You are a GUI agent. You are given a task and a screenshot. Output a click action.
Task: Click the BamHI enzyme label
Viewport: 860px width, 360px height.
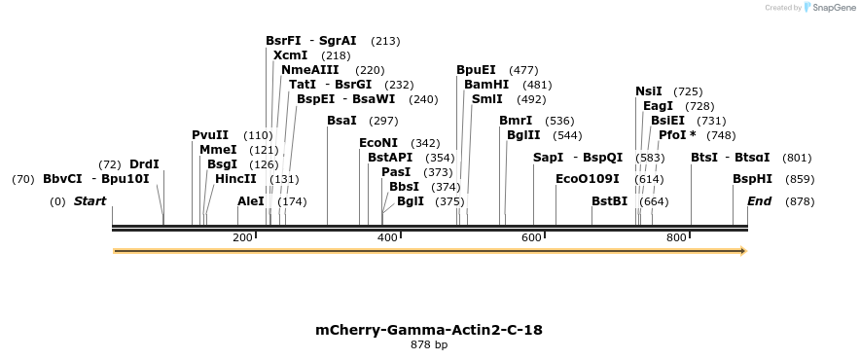(x=482, y=85)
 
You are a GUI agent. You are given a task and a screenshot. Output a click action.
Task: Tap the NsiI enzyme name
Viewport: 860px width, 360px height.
(x=648, y=91)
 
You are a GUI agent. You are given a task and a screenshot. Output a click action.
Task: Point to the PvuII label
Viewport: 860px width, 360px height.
(x=210, y=135)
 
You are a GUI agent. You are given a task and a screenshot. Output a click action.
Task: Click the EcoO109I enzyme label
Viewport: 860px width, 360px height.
(x=587, y=179)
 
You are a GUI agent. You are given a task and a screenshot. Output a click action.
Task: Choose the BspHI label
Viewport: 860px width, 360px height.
(x=752, y=179)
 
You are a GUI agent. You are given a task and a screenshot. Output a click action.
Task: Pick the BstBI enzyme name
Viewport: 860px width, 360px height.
(x=609, y=201)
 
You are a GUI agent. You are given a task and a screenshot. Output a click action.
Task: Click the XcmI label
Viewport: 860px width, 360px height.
(x=291, y=55)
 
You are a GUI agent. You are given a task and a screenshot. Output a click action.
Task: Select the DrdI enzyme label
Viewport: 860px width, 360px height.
(x=144, y=164)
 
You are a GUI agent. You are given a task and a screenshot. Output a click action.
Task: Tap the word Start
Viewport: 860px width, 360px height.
(x=90, y=201)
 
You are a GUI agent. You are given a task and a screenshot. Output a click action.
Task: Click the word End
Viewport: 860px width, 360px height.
(x=760, y=201)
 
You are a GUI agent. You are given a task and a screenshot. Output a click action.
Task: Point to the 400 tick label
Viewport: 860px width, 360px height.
(x=387, y=238)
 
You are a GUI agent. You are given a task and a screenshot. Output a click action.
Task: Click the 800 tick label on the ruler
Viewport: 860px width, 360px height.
(x=675, y=238)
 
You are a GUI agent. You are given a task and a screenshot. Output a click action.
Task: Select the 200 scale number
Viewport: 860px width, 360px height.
(x=242, y=238)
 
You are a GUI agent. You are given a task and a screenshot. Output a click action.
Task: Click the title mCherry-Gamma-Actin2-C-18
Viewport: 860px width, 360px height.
(x=429, y=330)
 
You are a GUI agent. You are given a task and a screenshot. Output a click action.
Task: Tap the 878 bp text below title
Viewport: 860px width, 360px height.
(x=429, y=344)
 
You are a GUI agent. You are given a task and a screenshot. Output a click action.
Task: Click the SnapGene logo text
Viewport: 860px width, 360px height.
(x=829, y=8)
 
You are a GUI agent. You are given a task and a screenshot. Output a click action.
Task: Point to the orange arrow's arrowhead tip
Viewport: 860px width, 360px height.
(x=745, y=251)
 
